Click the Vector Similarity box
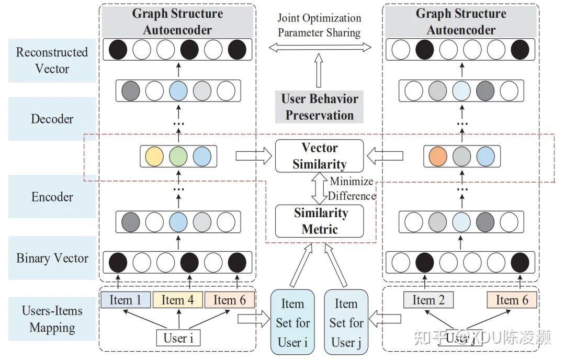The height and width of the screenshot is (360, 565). point(319,156)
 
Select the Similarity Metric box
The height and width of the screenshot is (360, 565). point(320,221)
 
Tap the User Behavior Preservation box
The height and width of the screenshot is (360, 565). point(319,107)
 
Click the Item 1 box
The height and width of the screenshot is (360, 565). point(125,300)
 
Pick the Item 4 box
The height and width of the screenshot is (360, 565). point(178,300)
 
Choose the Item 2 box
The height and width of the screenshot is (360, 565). point(429,300)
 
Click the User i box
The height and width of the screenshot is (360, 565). point(178,337)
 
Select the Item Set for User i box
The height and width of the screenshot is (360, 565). point(292,323)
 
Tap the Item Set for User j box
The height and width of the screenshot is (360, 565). point(346,323)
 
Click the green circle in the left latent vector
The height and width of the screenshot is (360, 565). point(178,156)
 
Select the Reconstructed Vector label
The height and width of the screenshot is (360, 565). point(52,60)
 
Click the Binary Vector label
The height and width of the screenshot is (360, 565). point(52,258)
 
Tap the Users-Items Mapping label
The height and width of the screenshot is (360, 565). point(52,319)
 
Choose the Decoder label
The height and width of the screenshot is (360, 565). point(52,119)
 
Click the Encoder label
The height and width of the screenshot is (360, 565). point(52,197)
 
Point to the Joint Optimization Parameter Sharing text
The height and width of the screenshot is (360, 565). point(319,25)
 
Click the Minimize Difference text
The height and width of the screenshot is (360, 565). point(352,189)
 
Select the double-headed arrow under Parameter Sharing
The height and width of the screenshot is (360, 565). point(319,48)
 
